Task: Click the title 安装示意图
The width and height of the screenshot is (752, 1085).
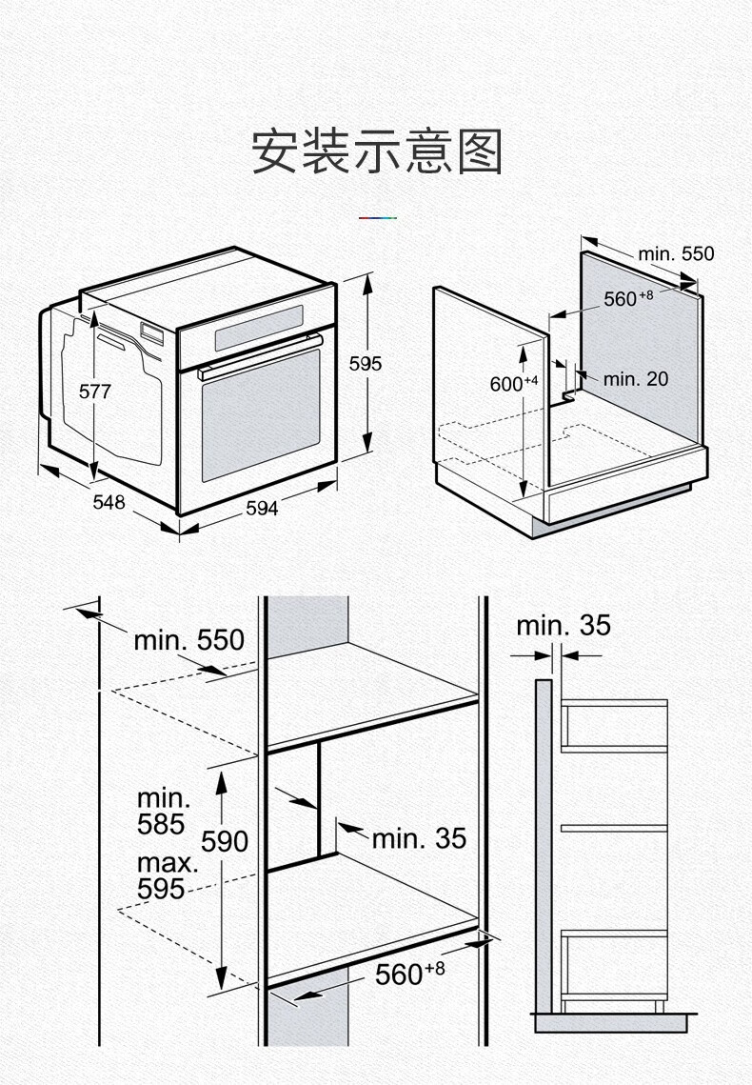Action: coord(376,151)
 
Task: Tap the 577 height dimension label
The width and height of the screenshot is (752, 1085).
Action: coord(95,392)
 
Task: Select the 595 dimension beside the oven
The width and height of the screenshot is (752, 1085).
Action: coord(365,363)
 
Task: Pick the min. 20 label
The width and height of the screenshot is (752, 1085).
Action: coord(635,378)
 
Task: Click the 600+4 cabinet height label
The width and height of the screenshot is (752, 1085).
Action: coord(513,383)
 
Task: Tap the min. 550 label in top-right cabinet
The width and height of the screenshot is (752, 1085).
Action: coord(675,253)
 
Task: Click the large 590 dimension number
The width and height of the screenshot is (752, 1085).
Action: coord(225,840)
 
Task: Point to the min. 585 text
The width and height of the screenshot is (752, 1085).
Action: coord(163,811)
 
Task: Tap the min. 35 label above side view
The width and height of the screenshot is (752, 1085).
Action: coord(563,626)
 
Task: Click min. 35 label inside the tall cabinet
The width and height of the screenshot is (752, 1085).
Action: coord(419,837)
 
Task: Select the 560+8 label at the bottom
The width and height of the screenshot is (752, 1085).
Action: coord(408,974)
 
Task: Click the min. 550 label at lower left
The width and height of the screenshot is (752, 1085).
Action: coord(188,639)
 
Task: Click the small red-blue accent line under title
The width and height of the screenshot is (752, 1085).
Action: coord(377,218)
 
